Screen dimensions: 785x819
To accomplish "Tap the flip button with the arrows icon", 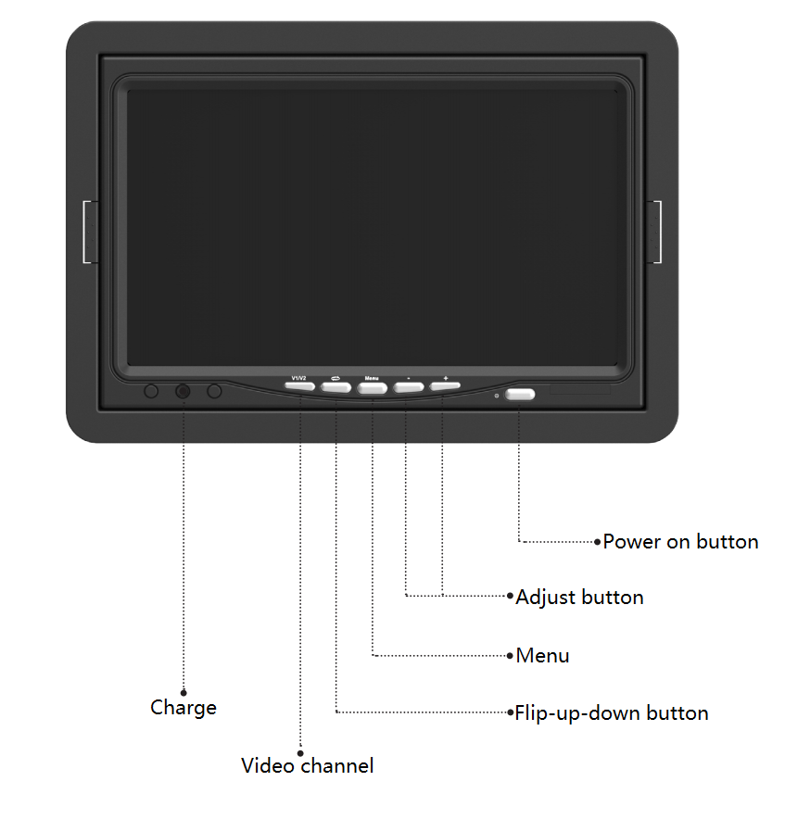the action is click(336, 387).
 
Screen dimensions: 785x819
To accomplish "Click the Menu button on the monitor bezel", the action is click(373, 388).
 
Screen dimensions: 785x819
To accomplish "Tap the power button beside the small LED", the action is click(520, 394).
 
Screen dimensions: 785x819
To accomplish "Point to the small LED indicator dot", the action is click(497, 396).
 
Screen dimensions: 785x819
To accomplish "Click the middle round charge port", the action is click(183, 391).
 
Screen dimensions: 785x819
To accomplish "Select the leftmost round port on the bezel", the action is click(151, 391).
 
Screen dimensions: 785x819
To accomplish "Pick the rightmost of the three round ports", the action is click(214, 391).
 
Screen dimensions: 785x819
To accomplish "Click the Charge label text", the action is click(184, 708).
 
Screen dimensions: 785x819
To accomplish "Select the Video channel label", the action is click(308, 765).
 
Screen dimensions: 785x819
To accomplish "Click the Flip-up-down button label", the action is click(612, 713).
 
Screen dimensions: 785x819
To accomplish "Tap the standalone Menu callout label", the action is click(542, 656).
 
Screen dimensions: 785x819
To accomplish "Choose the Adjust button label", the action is click(579, 598).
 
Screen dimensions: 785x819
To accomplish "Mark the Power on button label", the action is click(680, 542).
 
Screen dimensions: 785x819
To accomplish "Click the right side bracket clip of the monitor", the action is click(653, 232).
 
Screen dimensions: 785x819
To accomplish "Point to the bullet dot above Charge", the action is click(184, 693).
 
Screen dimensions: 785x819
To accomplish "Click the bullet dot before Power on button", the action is click(598, 542).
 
